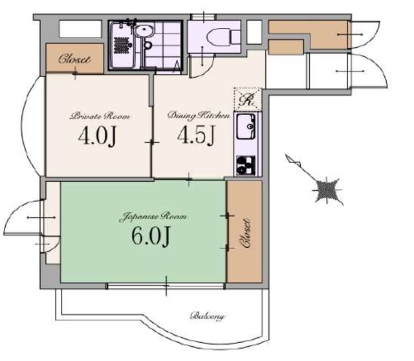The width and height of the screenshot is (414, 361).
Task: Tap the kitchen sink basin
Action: [246, 126]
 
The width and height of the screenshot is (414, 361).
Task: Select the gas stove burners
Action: [246, 166]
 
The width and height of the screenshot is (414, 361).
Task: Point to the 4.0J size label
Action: [97, 137]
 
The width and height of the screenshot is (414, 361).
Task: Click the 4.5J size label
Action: [197, 135]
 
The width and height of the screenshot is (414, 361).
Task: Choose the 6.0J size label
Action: [150, 236]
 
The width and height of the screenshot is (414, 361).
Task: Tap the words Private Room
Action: [100, 116]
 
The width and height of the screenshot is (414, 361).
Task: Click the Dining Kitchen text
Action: [199, 116]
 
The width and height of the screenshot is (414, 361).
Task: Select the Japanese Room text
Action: [153, 217]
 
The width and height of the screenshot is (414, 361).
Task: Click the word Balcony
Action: [208, 316]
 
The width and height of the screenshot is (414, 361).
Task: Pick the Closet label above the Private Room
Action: [74, 59]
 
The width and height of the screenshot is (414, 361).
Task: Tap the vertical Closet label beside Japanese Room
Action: [245, 233]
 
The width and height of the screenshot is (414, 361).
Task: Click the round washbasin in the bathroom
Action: [144, 32]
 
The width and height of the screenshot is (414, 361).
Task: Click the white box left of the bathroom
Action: [80, 28]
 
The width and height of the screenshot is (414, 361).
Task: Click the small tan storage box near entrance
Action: [285, 47]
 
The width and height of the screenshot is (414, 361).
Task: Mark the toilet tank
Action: [235, 38]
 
